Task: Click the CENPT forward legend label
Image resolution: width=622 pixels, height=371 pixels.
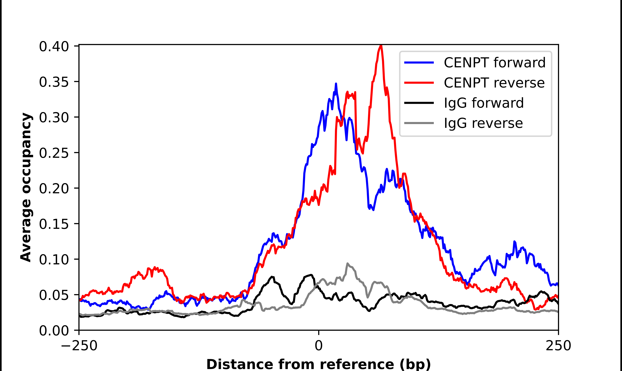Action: [x=494, y=63]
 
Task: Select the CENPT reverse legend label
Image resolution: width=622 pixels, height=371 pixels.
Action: [x=494, y=83]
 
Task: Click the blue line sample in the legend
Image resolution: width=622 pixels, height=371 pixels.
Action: [x=419, y=63]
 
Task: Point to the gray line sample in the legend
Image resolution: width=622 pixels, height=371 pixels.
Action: [x=419, y=123]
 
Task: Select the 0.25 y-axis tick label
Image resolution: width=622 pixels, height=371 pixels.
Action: [x=54, y=153]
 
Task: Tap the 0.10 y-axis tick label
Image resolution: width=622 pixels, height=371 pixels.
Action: [x=54, y=260]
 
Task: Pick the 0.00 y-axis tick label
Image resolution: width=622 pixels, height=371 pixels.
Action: [x=54, y=330]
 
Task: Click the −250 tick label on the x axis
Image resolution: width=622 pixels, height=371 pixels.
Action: [x=79, y=346]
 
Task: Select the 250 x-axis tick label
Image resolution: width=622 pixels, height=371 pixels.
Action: [x=558, y=346]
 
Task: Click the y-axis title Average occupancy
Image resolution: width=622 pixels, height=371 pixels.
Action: [x=26, y=187]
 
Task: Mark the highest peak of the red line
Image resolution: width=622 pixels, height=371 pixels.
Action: [x=381, y=46]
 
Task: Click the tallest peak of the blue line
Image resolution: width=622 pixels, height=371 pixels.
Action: [x=336, y=84]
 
